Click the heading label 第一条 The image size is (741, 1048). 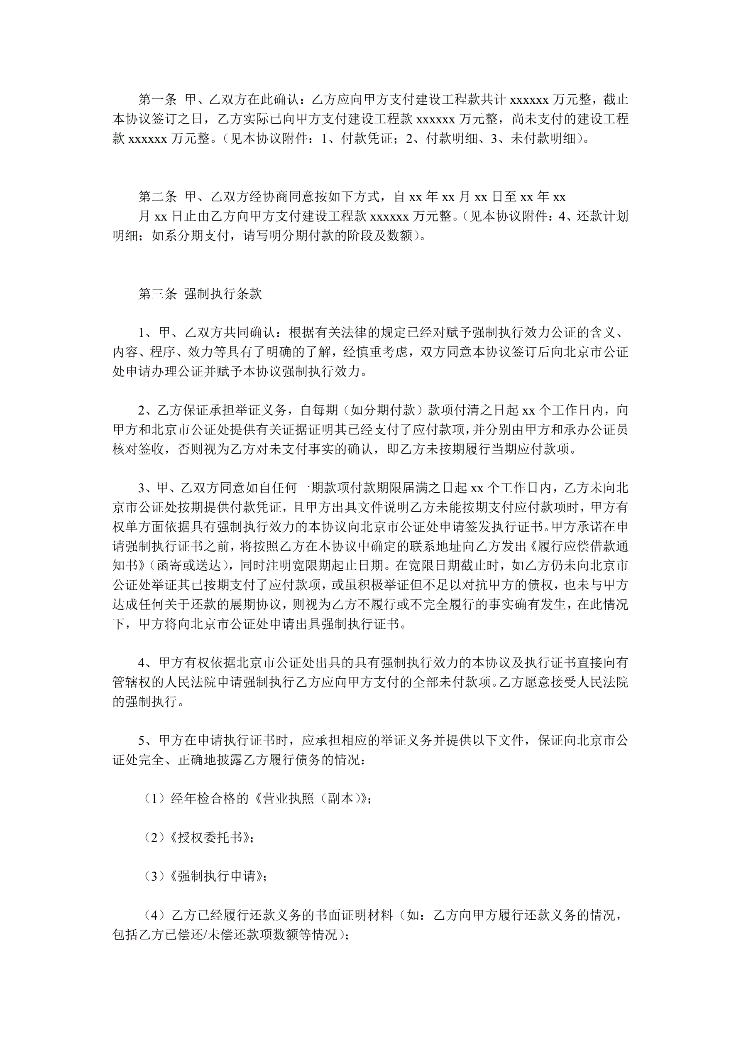(157, 100)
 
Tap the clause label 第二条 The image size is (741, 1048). (157, 197)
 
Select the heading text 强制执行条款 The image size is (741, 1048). (223, 294)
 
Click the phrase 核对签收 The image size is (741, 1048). (139, 449)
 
